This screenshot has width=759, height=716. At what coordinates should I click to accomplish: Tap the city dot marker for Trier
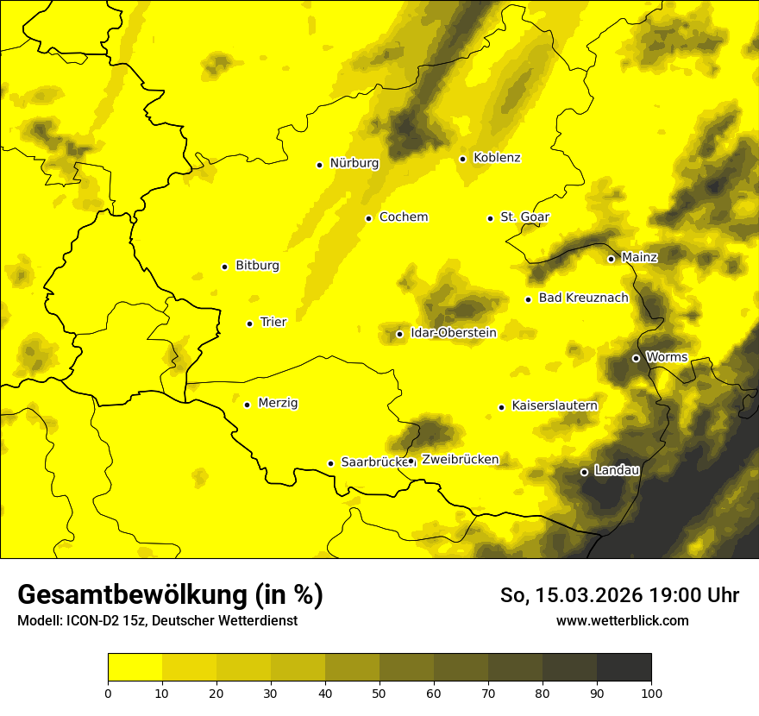(x=250, y=323)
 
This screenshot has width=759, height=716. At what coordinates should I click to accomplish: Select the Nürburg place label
(x=354, y=163)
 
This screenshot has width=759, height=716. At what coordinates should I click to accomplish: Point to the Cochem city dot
(x=368, y=218)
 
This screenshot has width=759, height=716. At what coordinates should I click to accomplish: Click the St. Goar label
(x=524, y=217)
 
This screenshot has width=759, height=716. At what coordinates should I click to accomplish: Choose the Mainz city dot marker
(x=611, y=259)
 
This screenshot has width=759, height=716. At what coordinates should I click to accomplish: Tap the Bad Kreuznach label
(x=583, y=298)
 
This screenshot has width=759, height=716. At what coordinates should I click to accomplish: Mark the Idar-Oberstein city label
(x=454, y=333)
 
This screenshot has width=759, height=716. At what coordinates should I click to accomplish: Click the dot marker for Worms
(x=636, y=358)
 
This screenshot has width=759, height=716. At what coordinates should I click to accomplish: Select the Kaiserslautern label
(x=555, y=405)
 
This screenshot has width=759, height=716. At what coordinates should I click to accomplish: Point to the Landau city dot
(x=584, y=472)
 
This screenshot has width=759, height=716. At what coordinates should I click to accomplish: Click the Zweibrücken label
(x=460, y=460)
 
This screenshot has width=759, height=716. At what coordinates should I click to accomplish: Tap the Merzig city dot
(x=247, y=405)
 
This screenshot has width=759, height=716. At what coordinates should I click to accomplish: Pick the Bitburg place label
(x=257, y=266)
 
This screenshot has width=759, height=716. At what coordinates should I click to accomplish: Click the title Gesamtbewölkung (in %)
(x=170, y=595)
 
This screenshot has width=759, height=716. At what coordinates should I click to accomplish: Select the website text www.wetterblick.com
(x=622, y=620)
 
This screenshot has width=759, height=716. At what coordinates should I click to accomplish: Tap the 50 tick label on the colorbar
(x=379, y=692)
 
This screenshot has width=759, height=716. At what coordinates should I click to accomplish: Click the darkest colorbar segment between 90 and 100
(x=624, y=667)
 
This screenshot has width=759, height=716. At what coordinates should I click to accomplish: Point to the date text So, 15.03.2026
(x=574, y=595)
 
